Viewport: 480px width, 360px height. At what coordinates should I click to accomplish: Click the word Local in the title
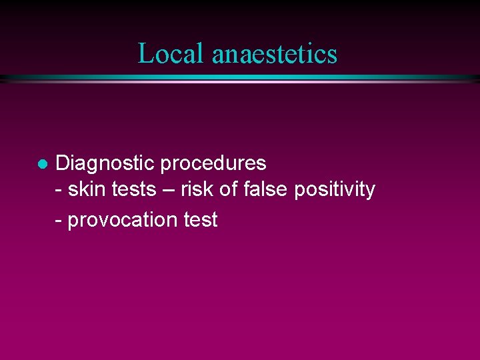click(x=171, y=53)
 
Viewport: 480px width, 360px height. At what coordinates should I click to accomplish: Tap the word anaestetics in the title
click(x=275, y=53)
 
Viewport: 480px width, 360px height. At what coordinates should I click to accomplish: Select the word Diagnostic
click(x=105, y=163)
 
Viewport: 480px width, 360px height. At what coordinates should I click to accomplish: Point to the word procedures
click(x=213, y=163)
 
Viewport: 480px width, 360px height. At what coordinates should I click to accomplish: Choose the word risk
click(x=197, y=189)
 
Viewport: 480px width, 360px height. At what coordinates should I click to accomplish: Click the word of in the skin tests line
click(x=229, y=189)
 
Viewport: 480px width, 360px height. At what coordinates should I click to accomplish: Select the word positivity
click(x=333, y=190)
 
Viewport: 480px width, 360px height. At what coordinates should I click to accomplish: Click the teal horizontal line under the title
click(x=240, y=78)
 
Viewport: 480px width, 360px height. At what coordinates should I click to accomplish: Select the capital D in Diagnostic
click(x=62, y=163)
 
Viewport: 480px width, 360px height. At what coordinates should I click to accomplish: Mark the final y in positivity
click(x=370, y=192)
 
